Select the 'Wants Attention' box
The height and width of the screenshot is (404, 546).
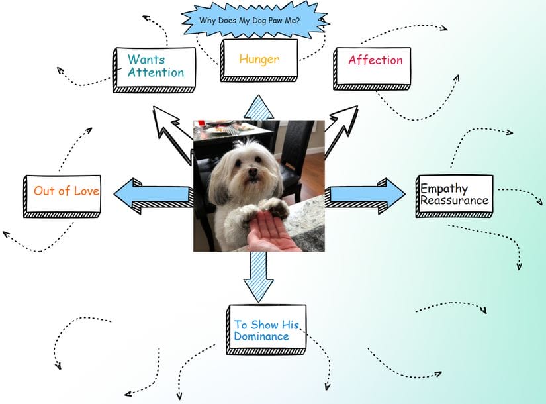[156, 68]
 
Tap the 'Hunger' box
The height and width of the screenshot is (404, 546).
[259, 60]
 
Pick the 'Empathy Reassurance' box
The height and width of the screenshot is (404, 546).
[455, 195]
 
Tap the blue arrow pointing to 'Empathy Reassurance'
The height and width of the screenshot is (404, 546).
[366, 194]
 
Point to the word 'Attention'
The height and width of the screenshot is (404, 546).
[156, 73]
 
